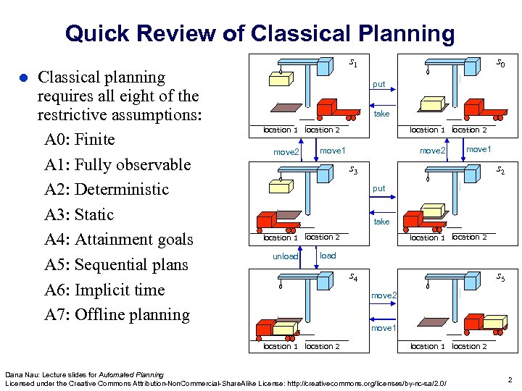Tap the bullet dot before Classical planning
[22, 77]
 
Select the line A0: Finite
[79, 138]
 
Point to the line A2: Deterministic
[106, 189]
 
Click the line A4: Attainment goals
[118, 239]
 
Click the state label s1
[353, 63]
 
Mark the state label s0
[500, 64]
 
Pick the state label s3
[353, 170]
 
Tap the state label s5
[500, 277]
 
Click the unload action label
[285, 257]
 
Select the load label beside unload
[328, 256]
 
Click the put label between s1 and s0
[379, 84]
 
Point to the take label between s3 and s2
[381, 222]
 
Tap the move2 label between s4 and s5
[384, 295]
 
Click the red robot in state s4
[278, 326]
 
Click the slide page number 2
[510, 379]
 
